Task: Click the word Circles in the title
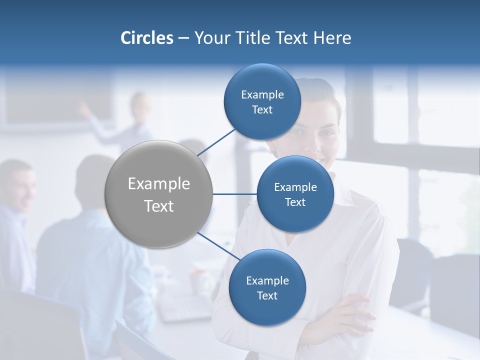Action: click(147, 38)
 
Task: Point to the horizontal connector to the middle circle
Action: click(234, 194)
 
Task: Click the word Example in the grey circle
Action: click(159, 184)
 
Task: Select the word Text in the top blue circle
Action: click(262, 110)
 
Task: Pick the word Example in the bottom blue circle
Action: click(267, 281)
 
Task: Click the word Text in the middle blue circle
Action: click(295, 202)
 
